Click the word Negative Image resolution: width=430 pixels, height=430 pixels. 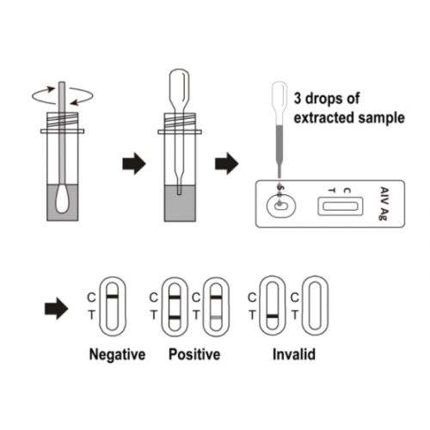[x=117, y=354]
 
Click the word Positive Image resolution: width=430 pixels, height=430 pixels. [x=194, y=354]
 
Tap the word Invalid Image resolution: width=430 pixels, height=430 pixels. [x=294, y=354]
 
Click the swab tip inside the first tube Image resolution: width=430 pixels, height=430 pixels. [x=62, y=199]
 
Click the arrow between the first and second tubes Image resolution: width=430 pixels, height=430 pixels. [x=134, y=163]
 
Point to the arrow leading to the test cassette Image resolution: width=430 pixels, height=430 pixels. [x=227, y=163]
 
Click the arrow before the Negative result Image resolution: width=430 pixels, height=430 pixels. [x=57, y=309]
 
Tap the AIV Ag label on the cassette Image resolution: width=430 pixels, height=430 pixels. [x=384, y=204]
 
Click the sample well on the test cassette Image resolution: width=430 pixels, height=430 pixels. [x=281, y=206]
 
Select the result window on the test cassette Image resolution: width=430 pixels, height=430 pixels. [x=341, y=206]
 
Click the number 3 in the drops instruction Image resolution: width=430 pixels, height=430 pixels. [x=298, y=98]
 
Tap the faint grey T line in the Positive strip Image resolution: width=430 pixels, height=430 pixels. [x=216, y=317]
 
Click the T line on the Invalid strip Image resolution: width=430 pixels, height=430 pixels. [x=273, y=316]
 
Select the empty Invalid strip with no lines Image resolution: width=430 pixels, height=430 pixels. [x=316, y=305]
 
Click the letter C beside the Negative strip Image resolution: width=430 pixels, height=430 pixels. [x=91, y=298]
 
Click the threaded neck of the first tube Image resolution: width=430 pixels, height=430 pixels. [x=62, y=120]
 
